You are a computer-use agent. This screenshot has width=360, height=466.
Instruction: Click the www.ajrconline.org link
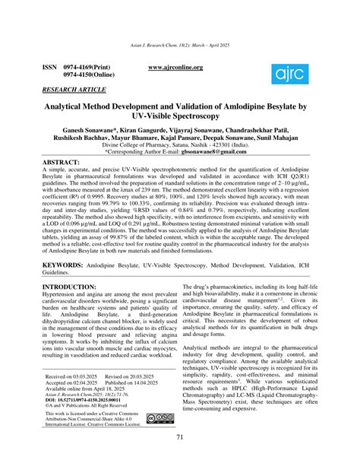(x=176, y=68)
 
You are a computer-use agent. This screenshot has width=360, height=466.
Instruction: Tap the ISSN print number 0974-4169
(x=84, y=68)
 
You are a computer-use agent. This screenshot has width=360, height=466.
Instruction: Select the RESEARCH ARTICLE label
(x=74, y=89)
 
